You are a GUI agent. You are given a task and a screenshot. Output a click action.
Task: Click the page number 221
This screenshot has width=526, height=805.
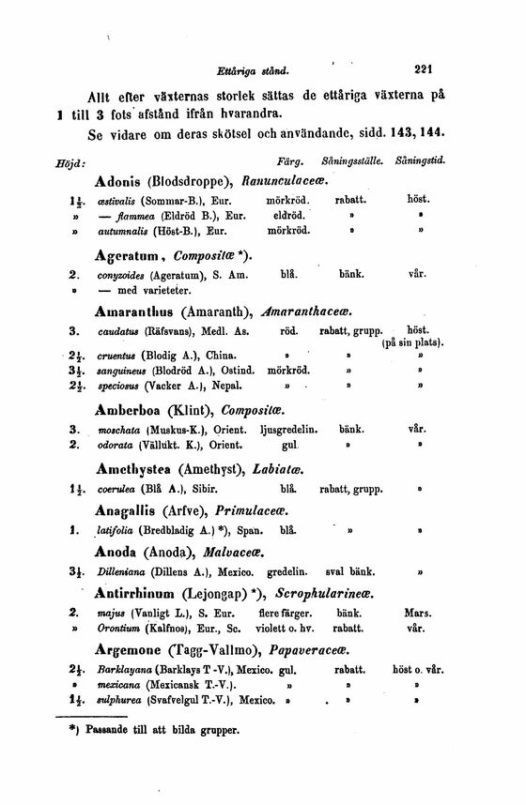[x=426, y=68]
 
